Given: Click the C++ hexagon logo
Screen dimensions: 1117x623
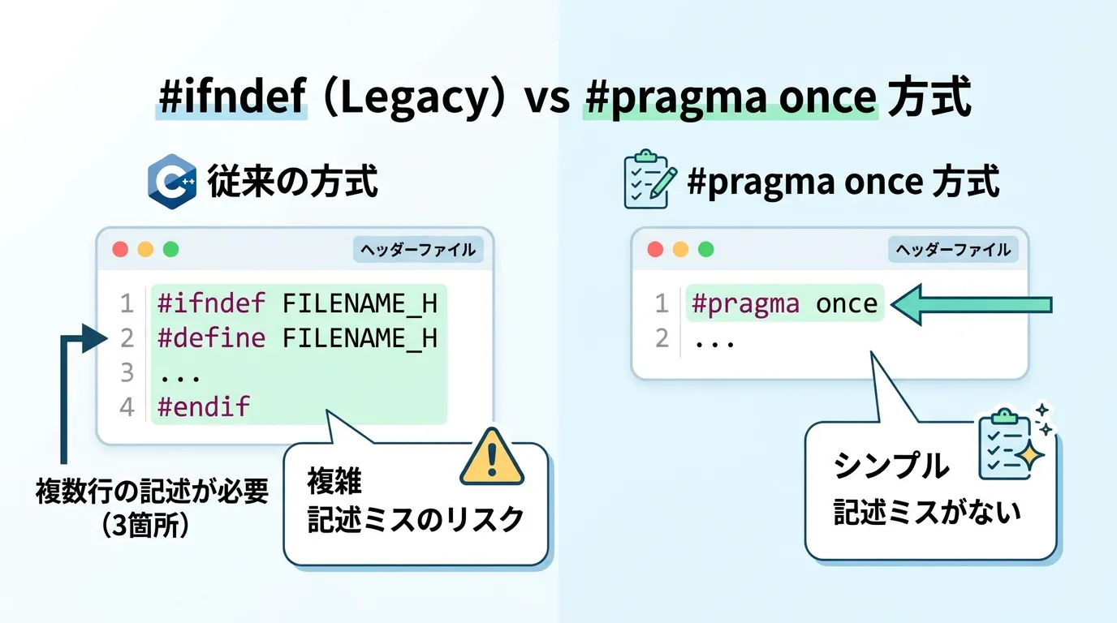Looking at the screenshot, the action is [x=172, y=182].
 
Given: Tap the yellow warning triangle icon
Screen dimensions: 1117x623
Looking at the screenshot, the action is [x=492, y=457].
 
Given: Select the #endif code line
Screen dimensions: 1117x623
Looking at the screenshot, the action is [x=204, y=406].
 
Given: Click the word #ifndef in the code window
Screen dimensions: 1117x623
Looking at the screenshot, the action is [x=211, y=303].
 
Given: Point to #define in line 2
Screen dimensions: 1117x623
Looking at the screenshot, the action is [x=211, y=338].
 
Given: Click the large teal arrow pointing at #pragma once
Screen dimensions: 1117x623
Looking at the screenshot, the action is [x=972, y=304].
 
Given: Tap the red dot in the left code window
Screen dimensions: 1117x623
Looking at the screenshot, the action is [x=120, y=249].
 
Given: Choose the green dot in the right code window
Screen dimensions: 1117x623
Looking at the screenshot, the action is [x=705, y=249].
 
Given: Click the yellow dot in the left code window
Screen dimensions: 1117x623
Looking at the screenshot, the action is [x=145, y=249].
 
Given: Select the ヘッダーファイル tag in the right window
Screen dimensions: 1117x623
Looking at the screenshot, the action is [x=953, y=250].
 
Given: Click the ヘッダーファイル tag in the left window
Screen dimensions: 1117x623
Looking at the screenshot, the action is [x=418, y=250].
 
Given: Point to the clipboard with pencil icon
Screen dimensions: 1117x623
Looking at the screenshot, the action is [x=650, y=179].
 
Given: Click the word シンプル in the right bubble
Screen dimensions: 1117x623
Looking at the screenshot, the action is [x=891, y=466].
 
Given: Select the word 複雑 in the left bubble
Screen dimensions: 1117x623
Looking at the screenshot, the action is [x=334, y=482].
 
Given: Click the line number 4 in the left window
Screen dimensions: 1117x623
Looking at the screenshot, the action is [x=127, y=407].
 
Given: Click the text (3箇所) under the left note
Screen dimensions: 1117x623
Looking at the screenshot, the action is [x=145, y=525].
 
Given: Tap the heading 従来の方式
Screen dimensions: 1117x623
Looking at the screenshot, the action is [x=292, y=182].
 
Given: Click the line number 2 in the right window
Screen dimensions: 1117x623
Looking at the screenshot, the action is [x=662, y=338].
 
